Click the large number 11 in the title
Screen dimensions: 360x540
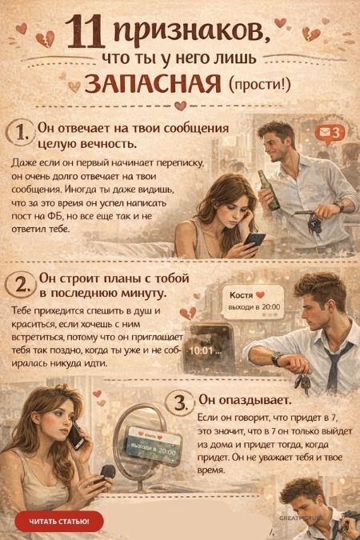[x=84, y=32]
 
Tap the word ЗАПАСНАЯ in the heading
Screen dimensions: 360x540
[x=153, y=83]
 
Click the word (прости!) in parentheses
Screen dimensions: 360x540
[x=259, y=83]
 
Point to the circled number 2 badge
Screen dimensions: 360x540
[x=21, y=285]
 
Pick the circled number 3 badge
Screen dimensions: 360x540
[x=179, y=402]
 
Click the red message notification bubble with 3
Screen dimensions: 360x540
[x=330, y=134]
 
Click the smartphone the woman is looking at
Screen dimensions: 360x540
[x=254, y=239]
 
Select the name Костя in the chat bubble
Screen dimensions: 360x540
[x=241, y=295]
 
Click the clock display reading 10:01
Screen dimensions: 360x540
[x=202, y=351]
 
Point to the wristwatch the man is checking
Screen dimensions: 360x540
[x=277, y=359]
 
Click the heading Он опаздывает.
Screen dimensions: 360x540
[x=245, y=400]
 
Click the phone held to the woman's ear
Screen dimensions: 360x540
[x=76, y=436]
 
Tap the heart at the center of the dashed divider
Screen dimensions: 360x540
[x=180, y=106]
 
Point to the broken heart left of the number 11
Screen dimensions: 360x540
[x=46, y=39]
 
